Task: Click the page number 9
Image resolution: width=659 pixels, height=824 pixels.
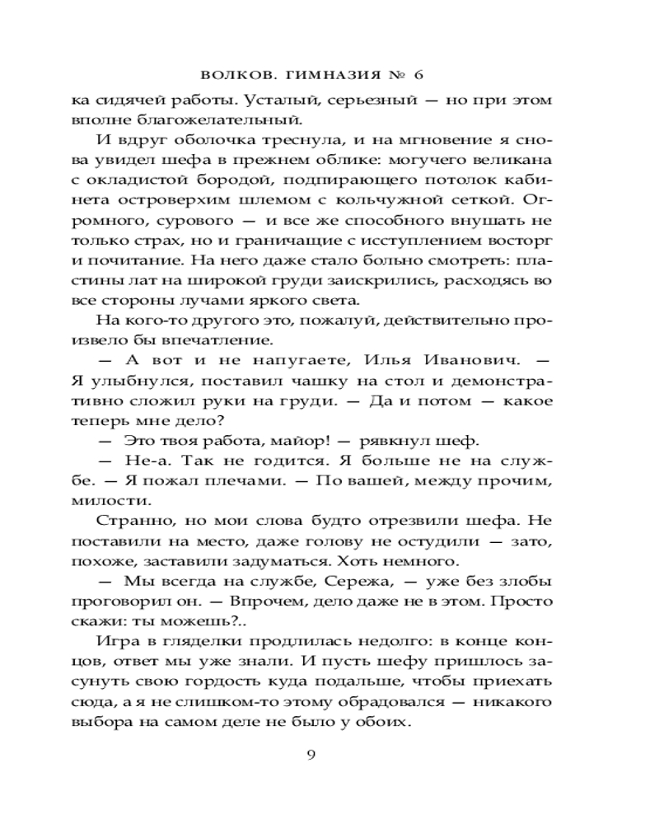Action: pos(311,757)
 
